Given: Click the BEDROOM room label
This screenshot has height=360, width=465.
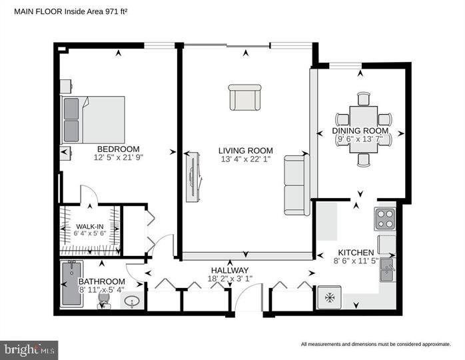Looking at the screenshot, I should click(118, 149).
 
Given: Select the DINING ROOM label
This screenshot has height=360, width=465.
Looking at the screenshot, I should click(360, 130).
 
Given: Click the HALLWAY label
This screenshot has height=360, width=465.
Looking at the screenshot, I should click(229, 270).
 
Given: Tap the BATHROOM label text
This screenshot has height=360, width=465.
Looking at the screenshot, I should click(102, 281).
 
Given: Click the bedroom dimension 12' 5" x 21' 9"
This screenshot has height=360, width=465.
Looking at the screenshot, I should click(119, 158).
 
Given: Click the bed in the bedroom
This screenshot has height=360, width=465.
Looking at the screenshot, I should click(93, 119).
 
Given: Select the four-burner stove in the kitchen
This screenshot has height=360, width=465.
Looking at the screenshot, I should click(386, 219).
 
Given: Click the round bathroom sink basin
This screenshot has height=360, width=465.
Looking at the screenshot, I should click(131, 303).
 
